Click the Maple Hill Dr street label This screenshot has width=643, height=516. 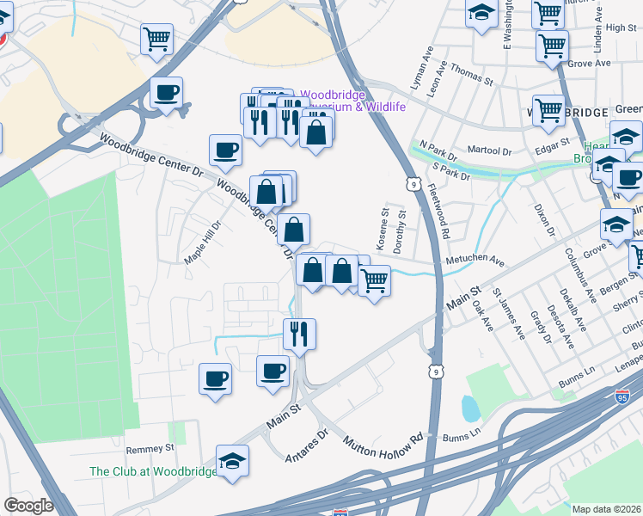tap(203, 243)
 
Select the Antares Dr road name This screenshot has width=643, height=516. tap(308, 445)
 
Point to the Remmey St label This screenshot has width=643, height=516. tap(150, 449)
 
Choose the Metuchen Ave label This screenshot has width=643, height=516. tap(474, 261)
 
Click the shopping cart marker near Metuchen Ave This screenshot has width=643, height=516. tap(374, 280)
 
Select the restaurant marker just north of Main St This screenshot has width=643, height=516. tap(300, 334)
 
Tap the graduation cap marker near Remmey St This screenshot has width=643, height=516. tap(232, 462)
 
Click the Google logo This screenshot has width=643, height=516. tap(28, 506)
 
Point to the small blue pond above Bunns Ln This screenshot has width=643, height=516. tap(470, 408)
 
